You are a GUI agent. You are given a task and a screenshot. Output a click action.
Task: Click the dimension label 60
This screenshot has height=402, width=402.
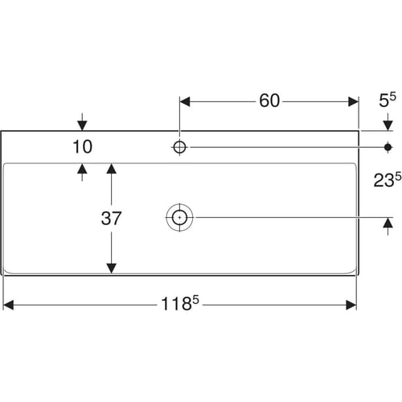coord(269,100)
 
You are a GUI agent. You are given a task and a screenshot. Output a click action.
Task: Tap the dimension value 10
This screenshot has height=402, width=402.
coord(83,147)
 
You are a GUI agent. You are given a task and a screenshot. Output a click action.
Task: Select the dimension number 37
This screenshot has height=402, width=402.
coord(111,219)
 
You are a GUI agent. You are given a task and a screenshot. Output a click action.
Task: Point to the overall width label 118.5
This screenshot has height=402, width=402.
coord(180,303)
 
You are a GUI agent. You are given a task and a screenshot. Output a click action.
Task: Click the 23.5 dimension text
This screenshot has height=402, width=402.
coord(388,179)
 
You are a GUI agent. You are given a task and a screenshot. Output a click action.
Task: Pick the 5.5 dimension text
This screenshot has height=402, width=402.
coord(388,100)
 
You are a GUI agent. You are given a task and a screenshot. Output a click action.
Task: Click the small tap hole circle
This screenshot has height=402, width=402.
coord(179,147)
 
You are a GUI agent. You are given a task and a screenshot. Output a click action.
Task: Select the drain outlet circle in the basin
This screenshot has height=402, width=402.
coord(179,217)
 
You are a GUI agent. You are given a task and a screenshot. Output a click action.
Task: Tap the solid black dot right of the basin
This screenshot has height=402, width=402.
coord(388,147)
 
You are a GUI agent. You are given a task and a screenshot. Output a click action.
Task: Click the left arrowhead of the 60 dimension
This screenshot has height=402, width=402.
coord(185,102)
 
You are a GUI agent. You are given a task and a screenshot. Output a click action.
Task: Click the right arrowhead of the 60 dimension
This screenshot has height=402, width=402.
coord(353,102)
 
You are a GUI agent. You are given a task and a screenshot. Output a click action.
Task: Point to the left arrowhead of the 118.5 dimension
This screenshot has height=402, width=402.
coord(8,305)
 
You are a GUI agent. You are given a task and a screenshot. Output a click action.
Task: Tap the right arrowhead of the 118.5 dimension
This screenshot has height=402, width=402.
coord(351,305)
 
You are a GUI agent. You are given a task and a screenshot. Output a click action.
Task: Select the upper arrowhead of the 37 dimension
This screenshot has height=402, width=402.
coord(111,169)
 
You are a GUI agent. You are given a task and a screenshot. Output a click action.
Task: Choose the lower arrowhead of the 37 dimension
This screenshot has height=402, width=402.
coord(111,269)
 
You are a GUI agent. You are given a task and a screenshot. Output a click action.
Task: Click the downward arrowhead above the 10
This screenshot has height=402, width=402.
coord(82,125)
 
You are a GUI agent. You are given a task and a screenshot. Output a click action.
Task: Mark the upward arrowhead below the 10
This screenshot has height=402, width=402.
coord(82,169)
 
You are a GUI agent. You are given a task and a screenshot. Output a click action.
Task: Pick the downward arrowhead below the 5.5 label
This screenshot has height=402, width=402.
coord(388,125)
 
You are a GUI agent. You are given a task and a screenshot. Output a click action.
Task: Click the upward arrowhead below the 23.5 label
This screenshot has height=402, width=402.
coord(388,223)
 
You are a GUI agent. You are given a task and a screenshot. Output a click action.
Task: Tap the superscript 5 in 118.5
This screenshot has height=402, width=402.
coord(196,300)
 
